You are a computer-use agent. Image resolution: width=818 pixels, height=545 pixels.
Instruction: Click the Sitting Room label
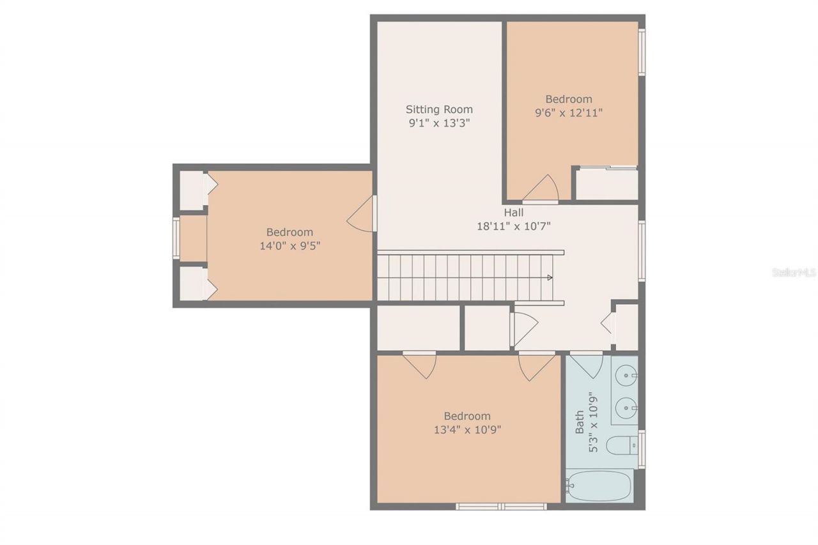coord(440,109)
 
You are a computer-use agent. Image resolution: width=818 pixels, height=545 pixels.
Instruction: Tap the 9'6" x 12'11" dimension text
coord(569,112)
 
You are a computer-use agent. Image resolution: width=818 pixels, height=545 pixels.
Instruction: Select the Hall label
coord(513,212)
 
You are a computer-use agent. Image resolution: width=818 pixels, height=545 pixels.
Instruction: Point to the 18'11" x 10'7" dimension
coord(513,226)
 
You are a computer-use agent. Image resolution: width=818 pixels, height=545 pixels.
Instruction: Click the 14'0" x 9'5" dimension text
coord(289,245)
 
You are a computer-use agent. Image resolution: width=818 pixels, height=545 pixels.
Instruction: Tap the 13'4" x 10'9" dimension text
coord(467,429)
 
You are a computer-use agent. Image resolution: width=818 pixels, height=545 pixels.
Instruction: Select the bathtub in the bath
coord(599,486)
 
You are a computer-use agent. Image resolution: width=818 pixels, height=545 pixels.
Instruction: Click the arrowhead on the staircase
coord(549,277)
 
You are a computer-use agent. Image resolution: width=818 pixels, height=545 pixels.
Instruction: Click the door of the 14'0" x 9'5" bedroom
coord(362,215)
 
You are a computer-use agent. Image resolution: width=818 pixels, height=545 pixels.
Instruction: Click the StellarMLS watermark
coord(794,273)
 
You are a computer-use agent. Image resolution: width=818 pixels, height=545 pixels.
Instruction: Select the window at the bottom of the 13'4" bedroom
coord(501,507)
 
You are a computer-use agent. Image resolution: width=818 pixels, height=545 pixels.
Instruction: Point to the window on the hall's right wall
coord(642,250)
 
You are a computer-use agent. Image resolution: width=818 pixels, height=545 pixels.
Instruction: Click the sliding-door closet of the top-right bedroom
coord(607,184)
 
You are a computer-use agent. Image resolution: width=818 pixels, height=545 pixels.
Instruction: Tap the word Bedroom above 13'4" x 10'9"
coord(467,416)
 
